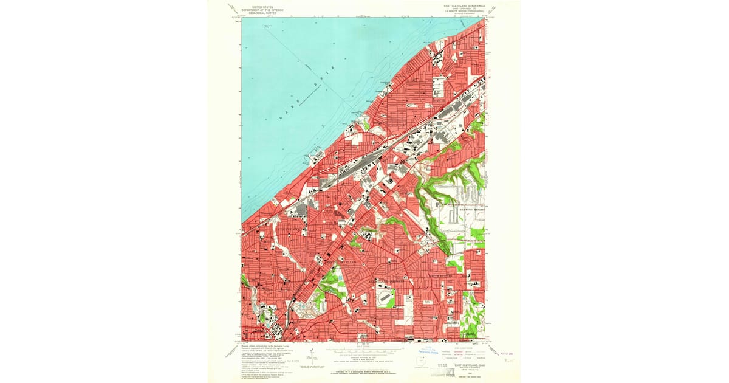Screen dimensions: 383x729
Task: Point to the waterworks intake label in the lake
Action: pyautogui.click(x=268, y=26)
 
